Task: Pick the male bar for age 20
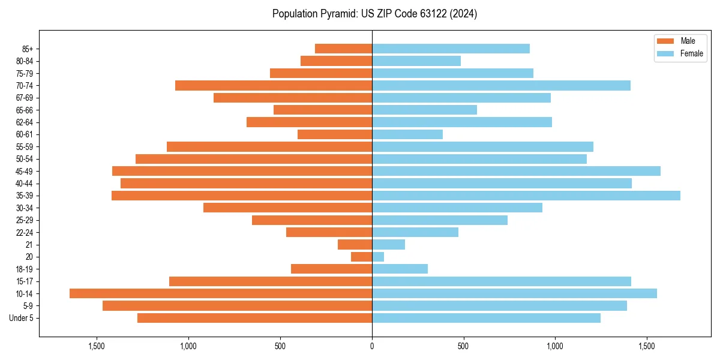coord(362,257)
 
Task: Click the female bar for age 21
coord(388,244)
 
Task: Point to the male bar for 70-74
coord(274,85)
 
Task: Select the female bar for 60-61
coord(407,134)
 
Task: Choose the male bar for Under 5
coord(254,318)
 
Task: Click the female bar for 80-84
coord(416,61)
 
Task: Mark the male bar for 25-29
coord(312,220)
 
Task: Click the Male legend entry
coord(679,41)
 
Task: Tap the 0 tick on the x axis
coord(372,346)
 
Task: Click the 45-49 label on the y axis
coord(25,171)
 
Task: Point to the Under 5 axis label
coord(22,318)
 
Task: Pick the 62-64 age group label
coord(25,122)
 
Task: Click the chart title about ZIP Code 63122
coord(374,14)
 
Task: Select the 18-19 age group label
coord(25,269)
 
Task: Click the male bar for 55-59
coord(269,146)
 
